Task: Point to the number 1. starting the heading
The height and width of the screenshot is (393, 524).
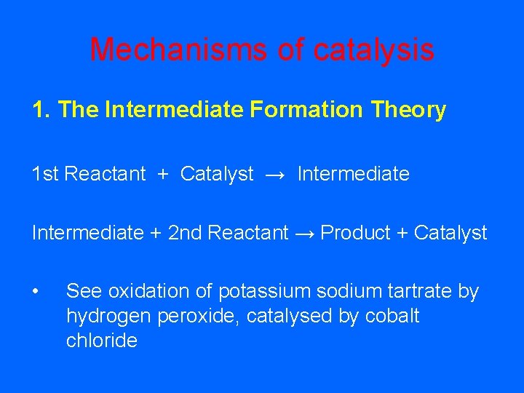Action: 41,110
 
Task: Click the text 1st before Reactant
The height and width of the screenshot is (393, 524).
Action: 46,175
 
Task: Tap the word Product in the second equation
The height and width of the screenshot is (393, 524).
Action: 355,233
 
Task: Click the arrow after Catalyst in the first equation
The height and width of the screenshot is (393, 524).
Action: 276,175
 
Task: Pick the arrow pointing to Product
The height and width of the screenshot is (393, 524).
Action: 304,233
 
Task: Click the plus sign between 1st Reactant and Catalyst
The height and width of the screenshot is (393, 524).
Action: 163,175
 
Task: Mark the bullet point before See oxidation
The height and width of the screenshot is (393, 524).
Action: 36,292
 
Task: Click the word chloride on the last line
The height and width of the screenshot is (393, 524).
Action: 101,341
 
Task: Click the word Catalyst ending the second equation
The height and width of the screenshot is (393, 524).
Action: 450,233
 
